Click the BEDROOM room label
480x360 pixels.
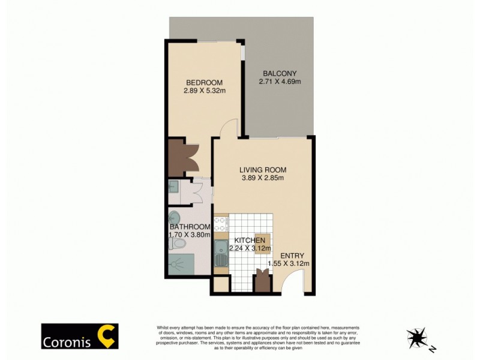204,82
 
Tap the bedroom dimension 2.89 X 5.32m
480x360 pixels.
204,91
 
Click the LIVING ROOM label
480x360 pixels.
263,169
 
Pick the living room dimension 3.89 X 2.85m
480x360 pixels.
263,178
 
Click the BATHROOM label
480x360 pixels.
190,227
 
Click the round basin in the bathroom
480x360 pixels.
175,217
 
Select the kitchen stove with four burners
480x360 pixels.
220,224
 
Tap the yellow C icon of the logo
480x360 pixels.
108,336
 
